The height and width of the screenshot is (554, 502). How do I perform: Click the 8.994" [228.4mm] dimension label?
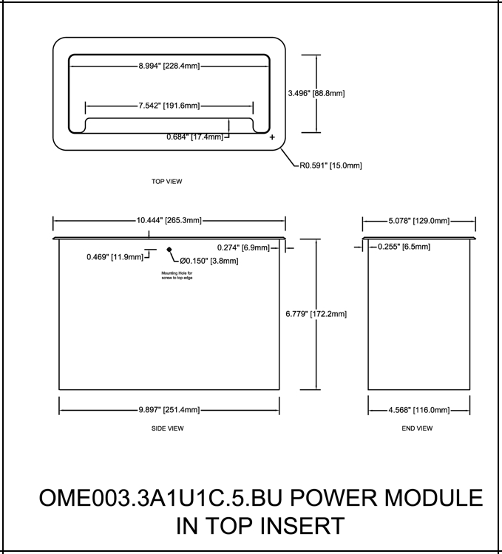(x=169, y=66)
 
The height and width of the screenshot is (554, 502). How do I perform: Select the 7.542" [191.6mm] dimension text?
(x=168, y=106)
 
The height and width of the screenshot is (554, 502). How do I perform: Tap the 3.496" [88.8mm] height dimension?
(x=316, y=93)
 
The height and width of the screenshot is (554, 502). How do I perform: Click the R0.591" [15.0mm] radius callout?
(x=330, y=165)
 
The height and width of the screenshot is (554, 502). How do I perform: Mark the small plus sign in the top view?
(x=271, y=137)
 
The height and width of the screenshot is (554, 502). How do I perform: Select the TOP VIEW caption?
(x=166, y=181)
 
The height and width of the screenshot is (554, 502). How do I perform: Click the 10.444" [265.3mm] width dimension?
(x=169, y=219)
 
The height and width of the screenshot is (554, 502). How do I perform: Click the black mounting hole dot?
(x=169, y=250)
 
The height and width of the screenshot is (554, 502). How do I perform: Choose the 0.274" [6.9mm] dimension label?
(x=243, y=247)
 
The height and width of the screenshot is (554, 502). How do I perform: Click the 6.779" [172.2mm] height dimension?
(x=316, y=314)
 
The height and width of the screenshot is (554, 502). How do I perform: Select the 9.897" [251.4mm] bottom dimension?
(x=169, y=410)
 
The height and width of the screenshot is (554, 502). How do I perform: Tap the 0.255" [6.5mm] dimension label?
(x=404, y=247)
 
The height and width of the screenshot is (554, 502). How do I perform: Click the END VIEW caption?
(x=417, y=428)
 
